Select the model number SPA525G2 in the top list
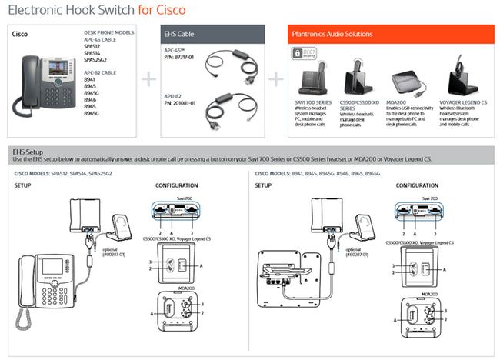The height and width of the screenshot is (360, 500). (95, 59)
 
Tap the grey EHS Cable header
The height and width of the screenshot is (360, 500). (212, 34)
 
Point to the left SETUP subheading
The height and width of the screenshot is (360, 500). (22, 185)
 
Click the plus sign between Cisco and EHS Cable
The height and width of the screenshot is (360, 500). (148, 78)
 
